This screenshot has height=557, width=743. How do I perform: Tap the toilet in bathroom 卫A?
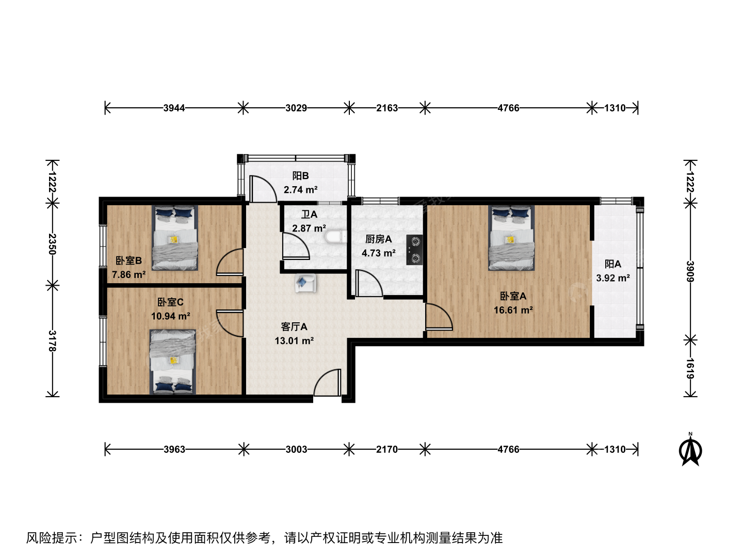(x=336, y=236)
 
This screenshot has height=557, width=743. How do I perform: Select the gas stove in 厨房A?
(x=415, y=250)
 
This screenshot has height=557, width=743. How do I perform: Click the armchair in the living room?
(x=305, y=283)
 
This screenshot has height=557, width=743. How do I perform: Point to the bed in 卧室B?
(x=175, y=238)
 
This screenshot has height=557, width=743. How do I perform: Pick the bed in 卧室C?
(x=173, y=362)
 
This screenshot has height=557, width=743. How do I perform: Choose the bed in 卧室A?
(x=511, y=238)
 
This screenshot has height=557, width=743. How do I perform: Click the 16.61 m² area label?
(x=513, y=310)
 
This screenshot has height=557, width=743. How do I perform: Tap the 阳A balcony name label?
(x=612, y=264)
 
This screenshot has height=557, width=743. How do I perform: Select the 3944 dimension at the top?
(x=174, y=108)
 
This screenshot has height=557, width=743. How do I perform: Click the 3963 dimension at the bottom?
(x=174, y=449)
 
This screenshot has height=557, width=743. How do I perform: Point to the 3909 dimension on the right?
(x=690, y=272)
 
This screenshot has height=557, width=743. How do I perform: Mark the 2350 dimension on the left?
(x=52, y=244)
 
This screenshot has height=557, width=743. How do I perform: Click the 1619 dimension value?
(x=690, y=368)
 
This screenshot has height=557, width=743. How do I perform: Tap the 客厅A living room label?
(x=294, y=326)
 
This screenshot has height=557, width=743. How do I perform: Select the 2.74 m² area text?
(x=300, y=190)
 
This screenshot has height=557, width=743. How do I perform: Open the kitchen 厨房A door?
(x=369, y=284)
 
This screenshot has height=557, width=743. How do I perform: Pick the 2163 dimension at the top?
(x=387, y=108)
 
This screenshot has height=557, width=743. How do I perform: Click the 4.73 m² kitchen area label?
(x=378, y=253)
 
